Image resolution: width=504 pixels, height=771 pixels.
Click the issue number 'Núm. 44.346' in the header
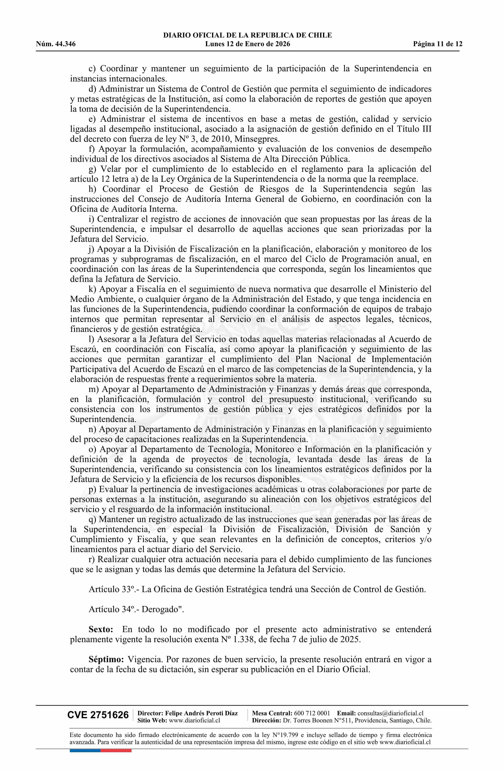click(x=56, y=44)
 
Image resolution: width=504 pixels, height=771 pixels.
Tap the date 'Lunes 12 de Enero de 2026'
click(x=247, y=44)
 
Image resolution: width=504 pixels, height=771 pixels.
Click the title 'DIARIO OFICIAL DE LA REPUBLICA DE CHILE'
click(x=247, y=35)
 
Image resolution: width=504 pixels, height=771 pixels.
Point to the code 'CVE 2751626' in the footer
click(x=98, y=724)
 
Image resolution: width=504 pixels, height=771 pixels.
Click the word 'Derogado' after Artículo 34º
click(x=161, y=609)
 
